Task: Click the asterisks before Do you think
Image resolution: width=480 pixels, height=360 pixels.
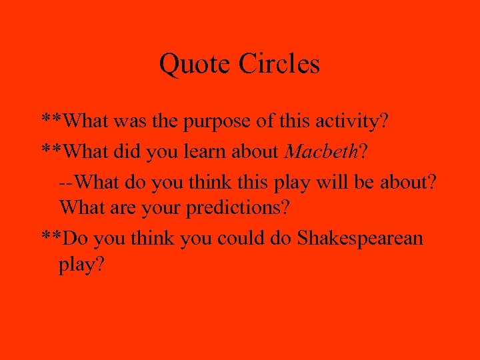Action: (x=54, y=236)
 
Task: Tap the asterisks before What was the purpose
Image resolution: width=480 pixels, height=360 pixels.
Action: (x=54, y=121)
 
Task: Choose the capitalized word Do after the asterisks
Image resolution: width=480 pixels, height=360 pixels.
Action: (x=79, y=237)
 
